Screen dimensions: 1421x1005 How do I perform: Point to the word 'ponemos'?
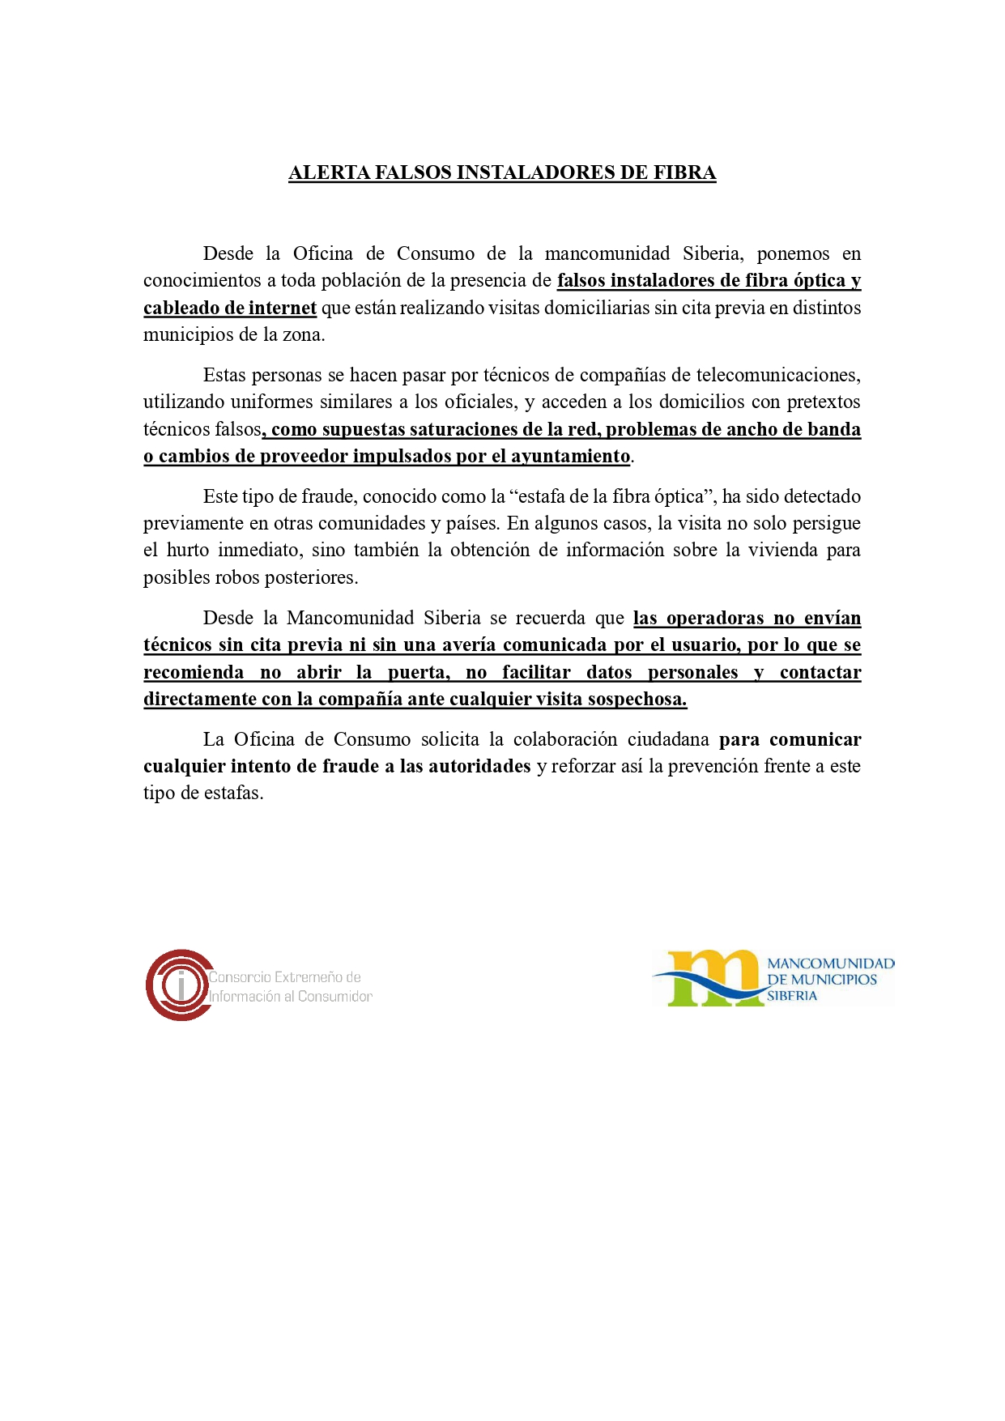(x=793, y=253)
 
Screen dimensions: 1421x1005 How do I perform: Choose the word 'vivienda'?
(x=780, y=550)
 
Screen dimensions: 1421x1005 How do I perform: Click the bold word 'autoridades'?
(x=479, y=766)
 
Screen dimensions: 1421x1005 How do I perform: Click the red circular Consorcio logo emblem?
(x=179, y=985)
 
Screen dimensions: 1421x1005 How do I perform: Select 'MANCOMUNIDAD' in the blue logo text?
(x=830, y=964)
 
